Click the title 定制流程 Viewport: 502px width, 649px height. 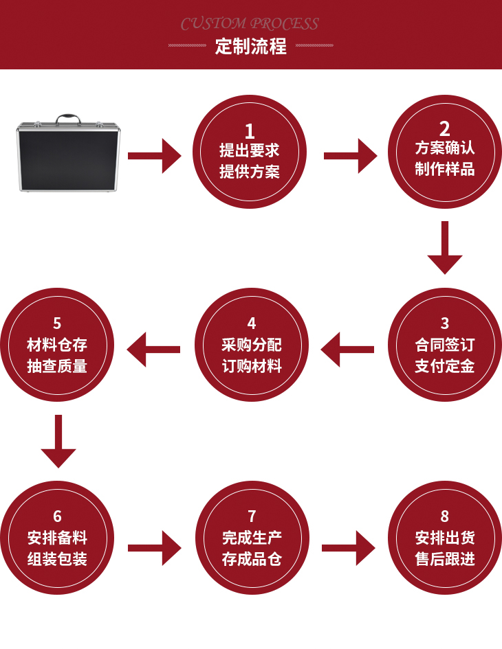250,47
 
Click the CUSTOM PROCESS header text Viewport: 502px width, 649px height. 250,24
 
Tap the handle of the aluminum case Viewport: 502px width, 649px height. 68,119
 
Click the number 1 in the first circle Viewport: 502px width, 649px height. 250,130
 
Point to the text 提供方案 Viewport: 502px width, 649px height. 250,172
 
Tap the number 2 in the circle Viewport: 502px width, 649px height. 445,128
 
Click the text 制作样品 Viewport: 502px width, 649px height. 445,169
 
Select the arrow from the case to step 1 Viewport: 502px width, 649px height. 154,156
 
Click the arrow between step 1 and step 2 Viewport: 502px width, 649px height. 349,156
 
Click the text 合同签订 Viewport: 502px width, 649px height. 445,345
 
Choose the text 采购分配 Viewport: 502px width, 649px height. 251,345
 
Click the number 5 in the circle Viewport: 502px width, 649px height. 57,323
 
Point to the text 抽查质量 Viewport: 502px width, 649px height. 57,366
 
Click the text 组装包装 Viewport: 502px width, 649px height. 57,559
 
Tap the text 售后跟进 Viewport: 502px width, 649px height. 445,559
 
